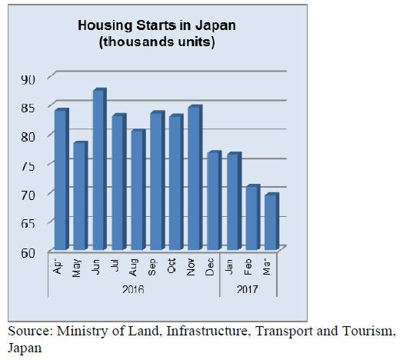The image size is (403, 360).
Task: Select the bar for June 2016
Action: (100, 169)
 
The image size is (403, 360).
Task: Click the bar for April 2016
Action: (62, 179)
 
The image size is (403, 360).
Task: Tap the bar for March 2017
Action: (271, 221)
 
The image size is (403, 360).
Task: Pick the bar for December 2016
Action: (215, 200)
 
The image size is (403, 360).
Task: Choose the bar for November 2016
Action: (195, 178)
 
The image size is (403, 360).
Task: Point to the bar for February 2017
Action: (253, 217)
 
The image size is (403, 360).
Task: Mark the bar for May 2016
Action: (81, 195)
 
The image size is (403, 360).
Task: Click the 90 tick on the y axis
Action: (28, 80)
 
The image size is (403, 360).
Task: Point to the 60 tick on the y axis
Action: (28, 253)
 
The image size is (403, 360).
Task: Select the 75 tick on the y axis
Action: (28, 167)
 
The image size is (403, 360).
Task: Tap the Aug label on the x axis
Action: (134, 268)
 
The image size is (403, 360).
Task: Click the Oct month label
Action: (172, 266)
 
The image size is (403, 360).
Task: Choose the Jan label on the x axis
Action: (228, 266)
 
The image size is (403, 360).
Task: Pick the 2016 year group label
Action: (133, 289)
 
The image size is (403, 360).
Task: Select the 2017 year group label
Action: (247, 289)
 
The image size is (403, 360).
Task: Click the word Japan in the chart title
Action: (215, 25)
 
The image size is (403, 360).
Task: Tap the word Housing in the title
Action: (105, 25)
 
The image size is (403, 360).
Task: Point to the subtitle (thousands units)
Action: (157, 42)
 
